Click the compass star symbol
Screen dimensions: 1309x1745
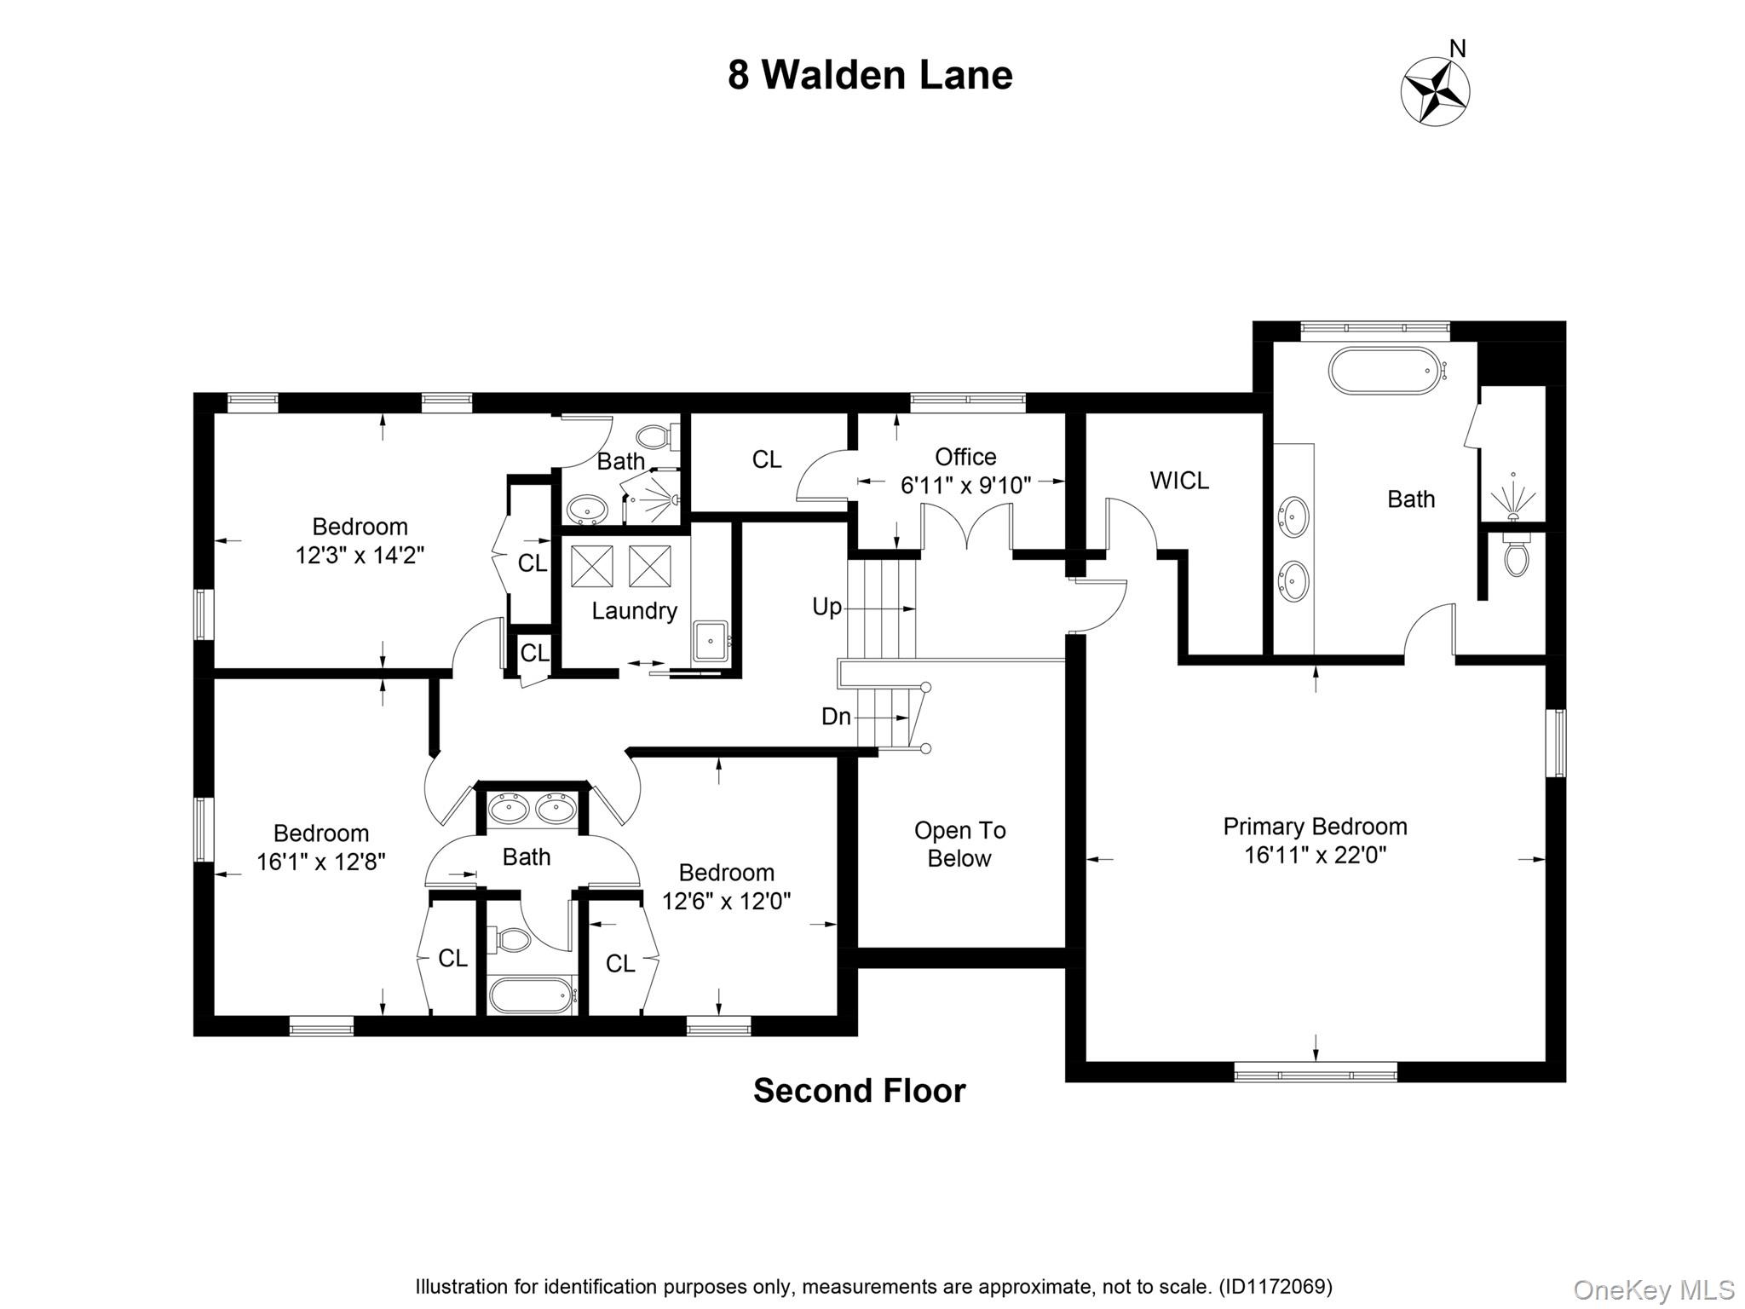click(1436, 91)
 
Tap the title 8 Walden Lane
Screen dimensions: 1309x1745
click(870, 75)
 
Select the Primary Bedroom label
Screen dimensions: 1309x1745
click(1315, 827)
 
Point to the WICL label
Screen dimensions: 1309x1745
click(1179, 481)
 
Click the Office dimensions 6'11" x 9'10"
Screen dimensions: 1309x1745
click(965, 486)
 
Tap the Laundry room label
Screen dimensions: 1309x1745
click(634, 611)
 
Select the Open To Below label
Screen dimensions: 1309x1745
click(959, 844)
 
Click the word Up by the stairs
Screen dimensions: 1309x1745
click(826, 607)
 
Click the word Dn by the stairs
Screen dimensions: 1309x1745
click(836, 717)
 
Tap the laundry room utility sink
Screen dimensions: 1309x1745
click(710, 641)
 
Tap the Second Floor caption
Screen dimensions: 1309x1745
click(859, 1091)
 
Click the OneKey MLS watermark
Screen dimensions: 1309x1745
click(1653, 1290)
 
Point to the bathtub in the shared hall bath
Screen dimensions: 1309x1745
click(530, 995)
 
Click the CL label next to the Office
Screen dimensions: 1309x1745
click(766, 459)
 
